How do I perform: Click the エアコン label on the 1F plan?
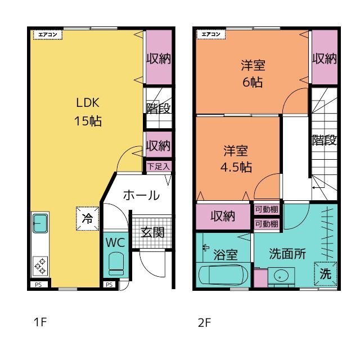(x=48, y=35)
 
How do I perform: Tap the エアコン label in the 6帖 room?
(x=211, y=35)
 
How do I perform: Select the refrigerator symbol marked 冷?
(x=88, y=218)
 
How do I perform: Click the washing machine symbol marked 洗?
(x=325, y=273)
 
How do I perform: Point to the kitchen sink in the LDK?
(x=40, y=223)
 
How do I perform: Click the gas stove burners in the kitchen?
(x=40, y=266)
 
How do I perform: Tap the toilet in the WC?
(x=116, y=264)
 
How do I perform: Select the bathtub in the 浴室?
(x=223, y=275)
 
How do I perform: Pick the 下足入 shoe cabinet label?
(x=159, y=166)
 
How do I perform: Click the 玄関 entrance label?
(x=152, y=232)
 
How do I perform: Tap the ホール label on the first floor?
(x=141, y=195)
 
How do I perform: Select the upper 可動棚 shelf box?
(x=267, y=209)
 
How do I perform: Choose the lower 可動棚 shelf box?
(x=267, y=224)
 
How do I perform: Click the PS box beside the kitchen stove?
(x=38, y=285)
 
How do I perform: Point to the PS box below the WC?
(x=109, y=285)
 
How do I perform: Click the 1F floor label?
(x=40, y=322)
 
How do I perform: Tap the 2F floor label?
(x=204, y=322)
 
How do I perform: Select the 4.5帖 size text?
(x=236, y=167)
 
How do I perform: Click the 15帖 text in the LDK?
(x=88, y=120)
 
